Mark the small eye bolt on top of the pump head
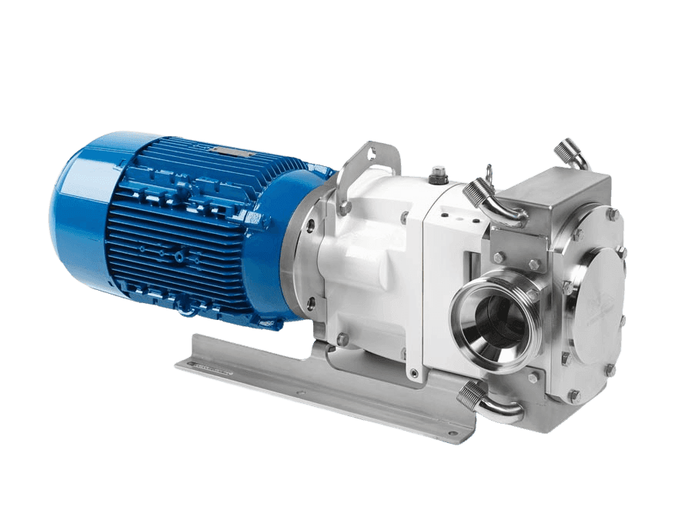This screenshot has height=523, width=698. click(x=488, y=173)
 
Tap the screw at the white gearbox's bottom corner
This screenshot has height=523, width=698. click(x=415, y=374)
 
